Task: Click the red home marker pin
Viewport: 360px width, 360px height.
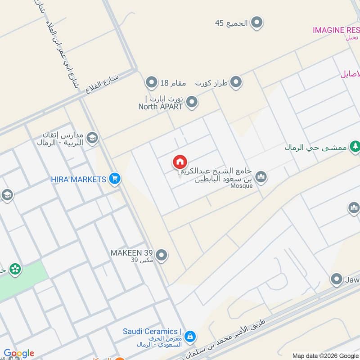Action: (x=180, y=162)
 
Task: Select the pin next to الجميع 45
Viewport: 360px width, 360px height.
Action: (x=256, y=22)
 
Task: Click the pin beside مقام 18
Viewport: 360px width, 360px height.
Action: (x=152, y=83)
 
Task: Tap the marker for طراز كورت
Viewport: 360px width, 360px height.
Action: (x=235, y=83)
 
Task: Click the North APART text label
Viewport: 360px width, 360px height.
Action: (x=161, y=107)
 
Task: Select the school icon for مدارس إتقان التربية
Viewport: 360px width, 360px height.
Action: (x=92, y=137)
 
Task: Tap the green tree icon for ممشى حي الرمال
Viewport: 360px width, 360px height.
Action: (x=355, y=146)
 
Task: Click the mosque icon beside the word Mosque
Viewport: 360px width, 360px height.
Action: (x=261, y=177)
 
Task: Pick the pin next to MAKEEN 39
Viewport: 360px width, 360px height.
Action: (x=162, y=256)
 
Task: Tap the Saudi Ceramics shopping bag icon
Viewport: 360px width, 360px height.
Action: (x=190, y=336)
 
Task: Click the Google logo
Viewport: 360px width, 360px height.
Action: (x=19, y=353)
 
